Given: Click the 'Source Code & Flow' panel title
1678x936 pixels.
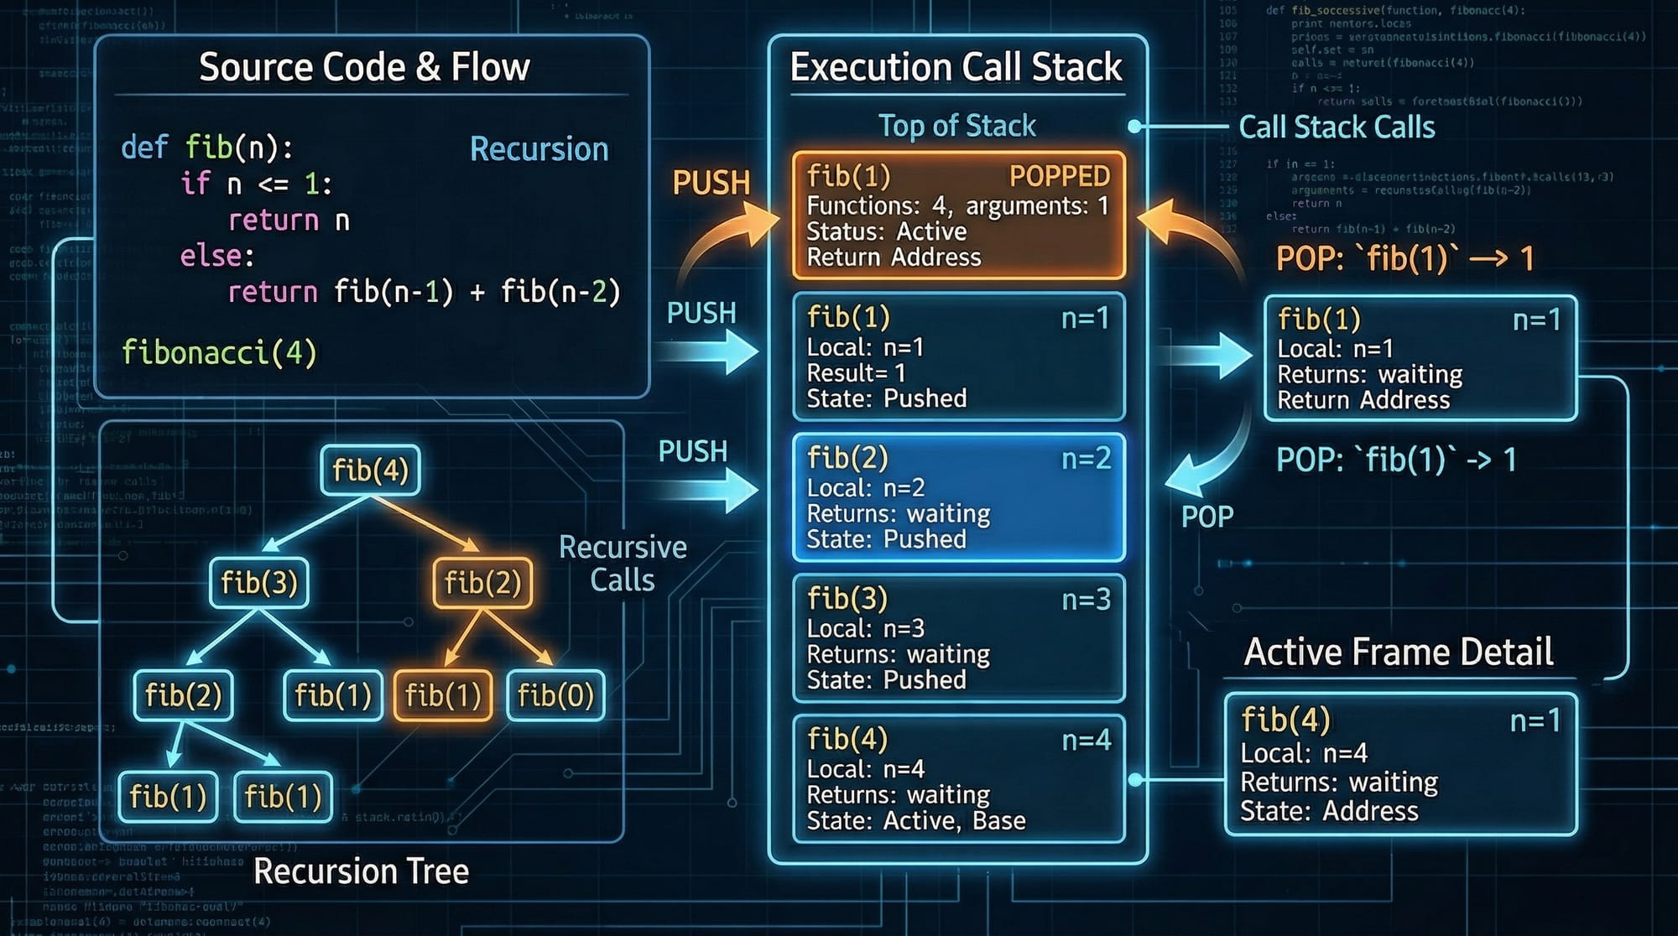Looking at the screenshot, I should click(364, 67).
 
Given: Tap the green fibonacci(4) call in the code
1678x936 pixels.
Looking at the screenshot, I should click(219, 352).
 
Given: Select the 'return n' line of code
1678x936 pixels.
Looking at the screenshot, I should click(289, 221).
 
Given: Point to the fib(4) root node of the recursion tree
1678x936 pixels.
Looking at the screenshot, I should click(370, 470).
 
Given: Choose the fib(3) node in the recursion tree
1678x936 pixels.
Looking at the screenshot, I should click(259, 582).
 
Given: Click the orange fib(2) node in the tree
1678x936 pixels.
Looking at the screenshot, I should click(482, 582).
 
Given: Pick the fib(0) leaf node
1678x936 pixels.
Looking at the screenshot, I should click(555, 694).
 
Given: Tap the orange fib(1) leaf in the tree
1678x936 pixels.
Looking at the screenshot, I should click(443, 694).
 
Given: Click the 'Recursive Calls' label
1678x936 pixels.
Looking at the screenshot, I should click(623, 564).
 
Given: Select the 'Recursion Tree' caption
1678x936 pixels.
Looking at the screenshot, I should click(361, 871).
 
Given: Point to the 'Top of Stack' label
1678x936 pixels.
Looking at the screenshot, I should click(956, 126).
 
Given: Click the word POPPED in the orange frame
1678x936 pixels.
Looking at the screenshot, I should click(1060, 176).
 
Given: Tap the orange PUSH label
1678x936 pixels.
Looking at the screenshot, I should click(711, 183).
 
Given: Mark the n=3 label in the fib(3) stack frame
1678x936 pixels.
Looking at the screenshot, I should click(1086, 599).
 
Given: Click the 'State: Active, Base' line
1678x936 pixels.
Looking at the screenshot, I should click(916, 820).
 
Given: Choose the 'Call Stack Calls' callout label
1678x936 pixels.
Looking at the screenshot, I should click(1337, 127).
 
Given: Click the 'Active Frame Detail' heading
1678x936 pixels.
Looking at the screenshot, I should click(1399, 652).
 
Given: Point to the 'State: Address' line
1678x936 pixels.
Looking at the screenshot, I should click(1329, 811).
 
